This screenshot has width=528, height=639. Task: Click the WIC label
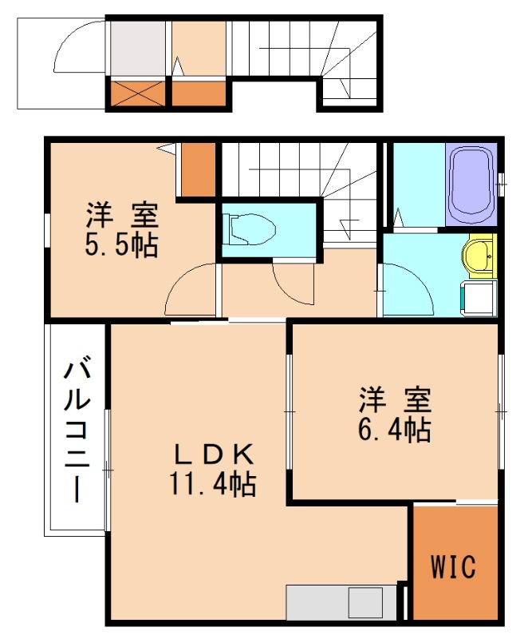[x=455, y=567]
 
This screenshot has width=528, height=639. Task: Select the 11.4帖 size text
[x=213, y=484]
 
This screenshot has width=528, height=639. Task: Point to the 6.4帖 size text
[x=395, y=430]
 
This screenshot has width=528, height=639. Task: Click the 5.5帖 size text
[x=122, y=244]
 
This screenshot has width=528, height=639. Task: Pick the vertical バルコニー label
[x=77, y=431]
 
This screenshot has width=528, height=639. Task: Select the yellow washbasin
[x=479, y=256]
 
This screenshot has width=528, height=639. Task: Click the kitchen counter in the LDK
[x=341, y=603]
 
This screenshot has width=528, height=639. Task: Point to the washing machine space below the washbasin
[x=479, y=297]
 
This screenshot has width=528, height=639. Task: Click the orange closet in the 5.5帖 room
[x=199, y=169]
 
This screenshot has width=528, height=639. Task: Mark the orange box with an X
[x=137, y=94]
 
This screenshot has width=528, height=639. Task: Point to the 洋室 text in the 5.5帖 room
[x=122, y=215]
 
